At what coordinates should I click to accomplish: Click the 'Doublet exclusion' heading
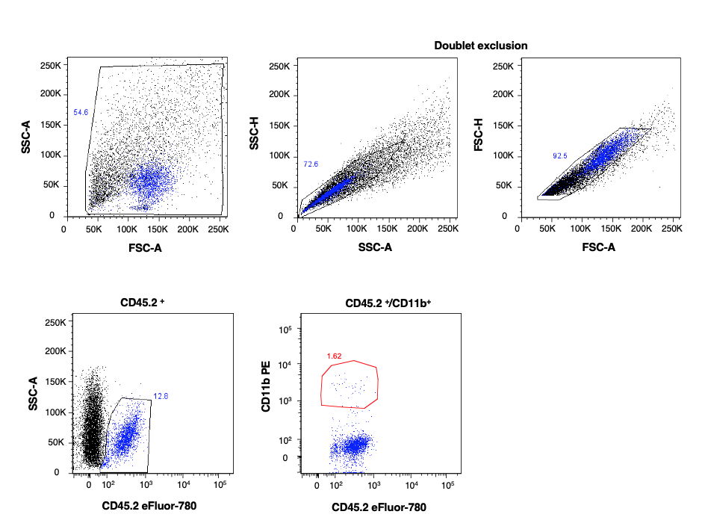click(481, 46)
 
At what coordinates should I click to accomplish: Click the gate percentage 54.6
click(81, 112)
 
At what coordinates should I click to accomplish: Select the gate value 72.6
click(311, 164)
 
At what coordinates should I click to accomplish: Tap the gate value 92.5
click(561, 156)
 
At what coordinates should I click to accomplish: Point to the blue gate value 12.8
click(161, 396)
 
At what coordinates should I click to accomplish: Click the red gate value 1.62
click(335, 356)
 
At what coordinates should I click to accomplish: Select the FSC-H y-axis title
click(479, 139)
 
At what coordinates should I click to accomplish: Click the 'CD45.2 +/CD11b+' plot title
click(379, 304)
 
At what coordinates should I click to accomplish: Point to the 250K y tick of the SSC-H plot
click(279, 66)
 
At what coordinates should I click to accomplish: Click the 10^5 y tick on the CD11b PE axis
click(285, 329)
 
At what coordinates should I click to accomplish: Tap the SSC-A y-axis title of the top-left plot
click(27, 139)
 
